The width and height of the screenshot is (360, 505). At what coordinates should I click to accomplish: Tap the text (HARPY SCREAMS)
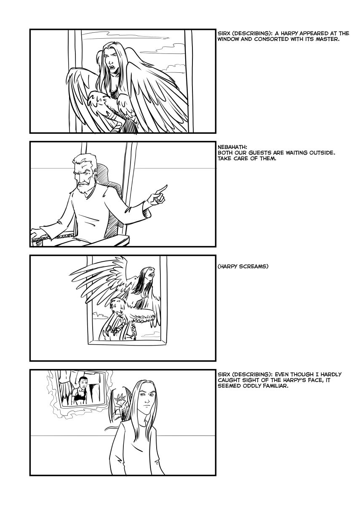[x=243, y=266]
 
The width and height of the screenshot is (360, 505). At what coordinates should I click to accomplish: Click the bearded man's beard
[x=84, y=188]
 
